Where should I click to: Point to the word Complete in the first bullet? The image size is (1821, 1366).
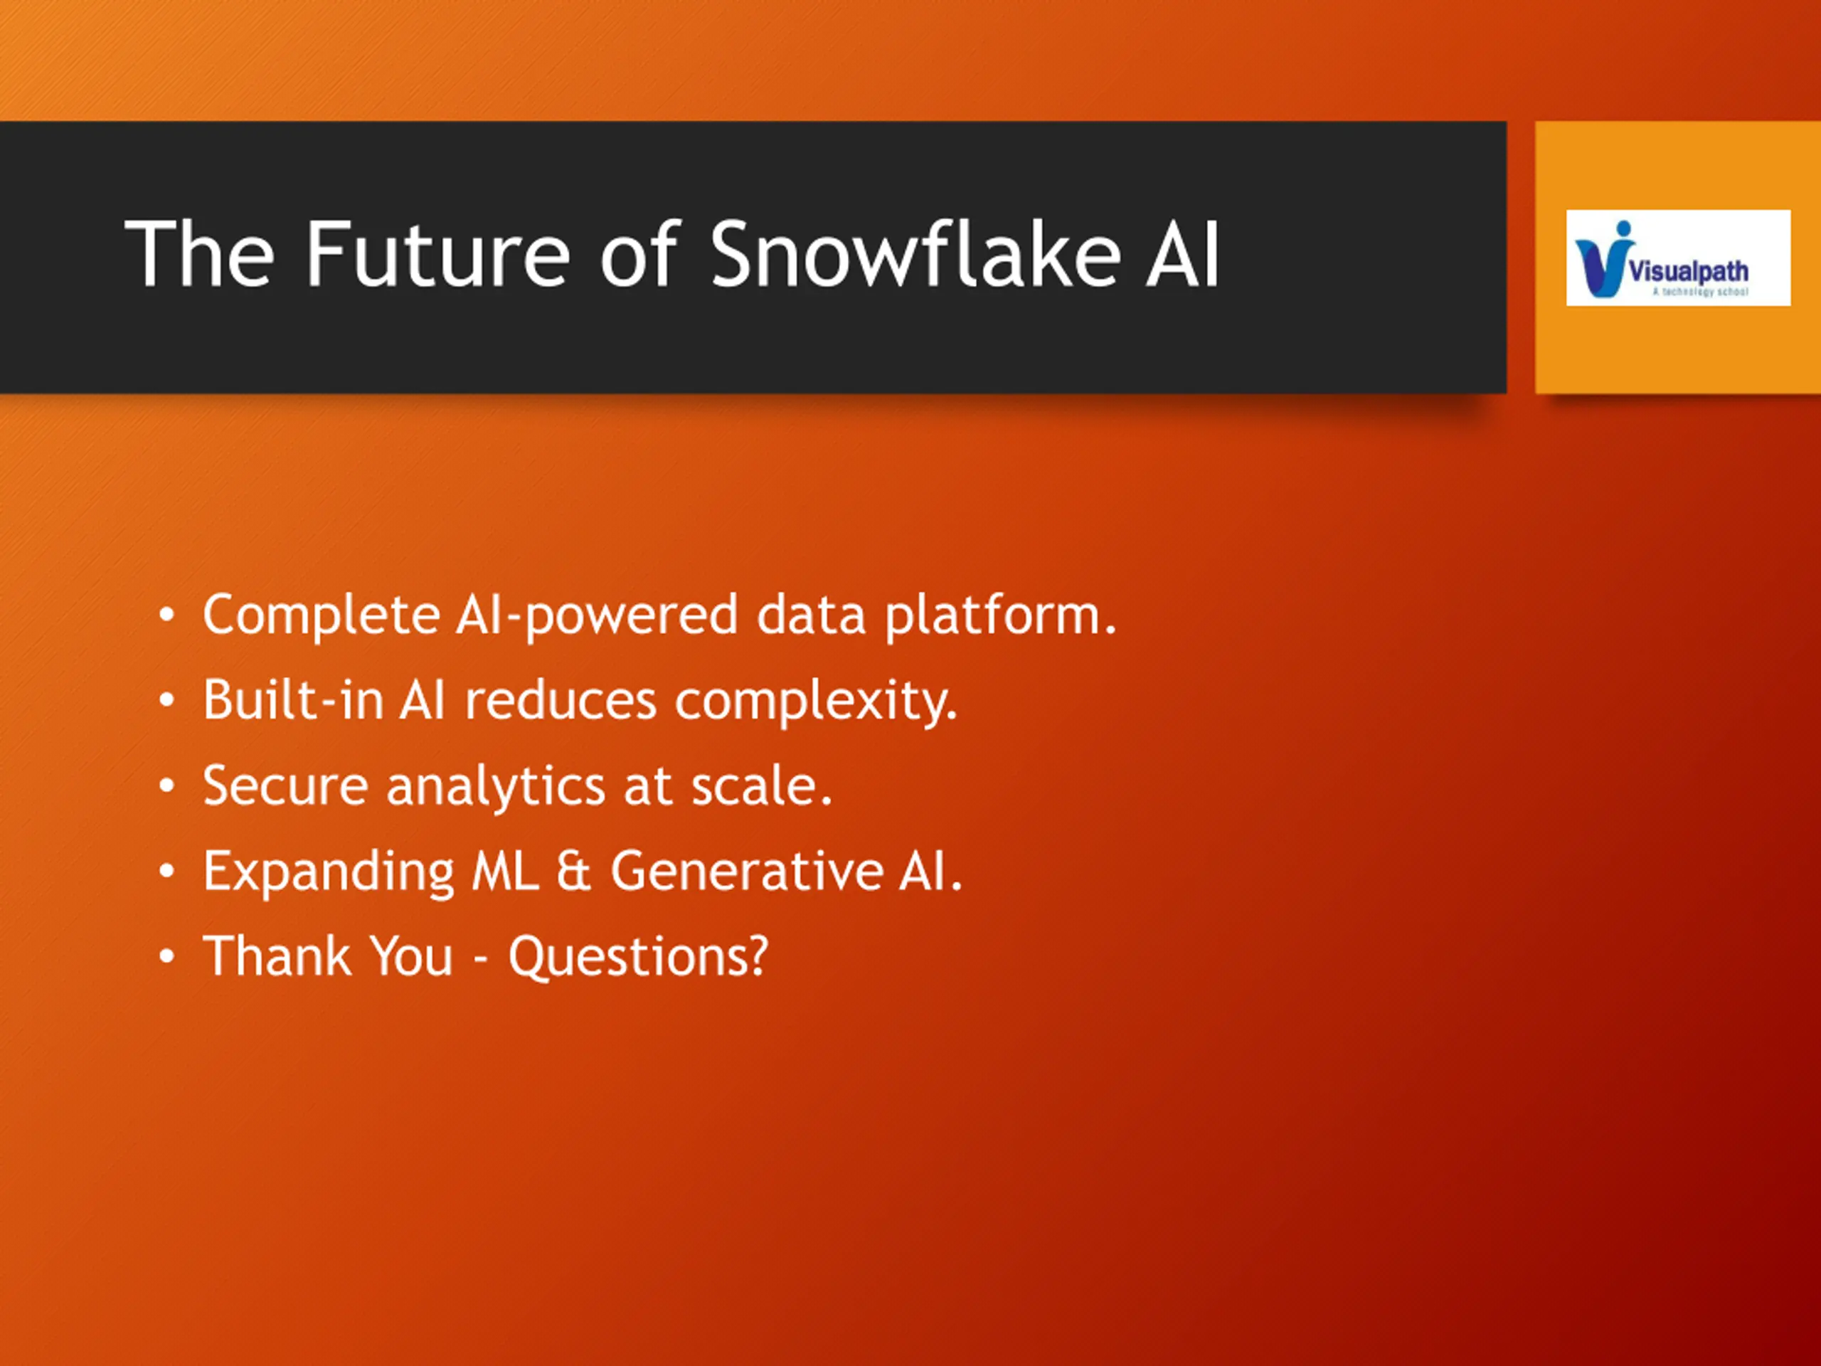coord(321,616)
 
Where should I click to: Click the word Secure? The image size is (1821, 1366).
coord(285,785)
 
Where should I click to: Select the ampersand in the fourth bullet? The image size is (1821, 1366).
coord(574,871)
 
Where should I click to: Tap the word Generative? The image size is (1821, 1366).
coord(747,871)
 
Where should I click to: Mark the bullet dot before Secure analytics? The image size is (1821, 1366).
coord(167,787)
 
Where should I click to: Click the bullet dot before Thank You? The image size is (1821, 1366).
coord(167,958)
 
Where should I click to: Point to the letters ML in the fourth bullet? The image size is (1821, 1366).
coord(504,871)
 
